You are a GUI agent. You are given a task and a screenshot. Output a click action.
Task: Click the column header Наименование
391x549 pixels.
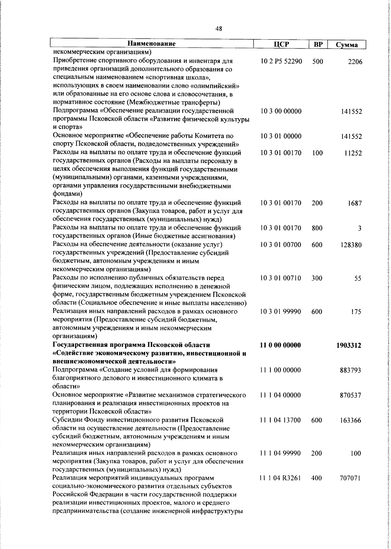tap(151, 44)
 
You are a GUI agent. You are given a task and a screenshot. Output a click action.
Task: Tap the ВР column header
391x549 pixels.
tap(318, 44)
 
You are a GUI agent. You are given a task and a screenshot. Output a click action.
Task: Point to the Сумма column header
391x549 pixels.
tap(347, 45)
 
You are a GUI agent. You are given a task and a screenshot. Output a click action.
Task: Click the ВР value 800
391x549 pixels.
tap(317, 228)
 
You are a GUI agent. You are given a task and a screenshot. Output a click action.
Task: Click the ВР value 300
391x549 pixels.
tap(317, 278)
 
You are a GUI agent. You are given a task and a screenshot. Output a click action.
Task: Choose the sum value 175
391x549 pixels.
tap(356, 312)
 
